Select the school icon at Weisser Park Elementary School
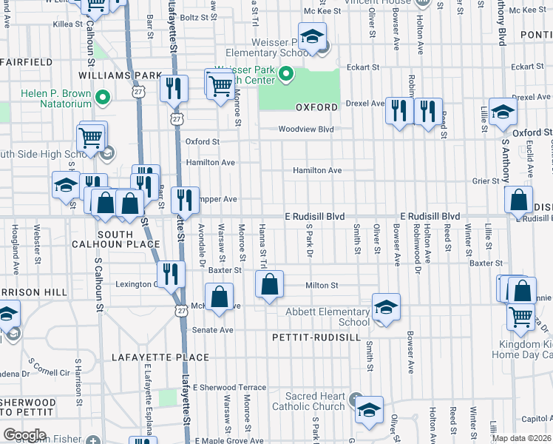tap(313, 37)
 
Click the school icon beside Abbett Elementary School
tap(385, 306)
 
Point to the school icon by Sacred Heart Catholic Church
tap(367, 408)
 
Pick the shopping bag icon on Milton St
tap(269, 283)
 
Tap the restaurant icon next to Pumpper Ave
tap(184, 198)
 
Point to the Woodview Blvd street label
tap(306, 129)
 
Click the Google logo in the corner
tap(24, 434)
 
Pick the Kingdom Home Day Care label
tap(520, 349)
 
